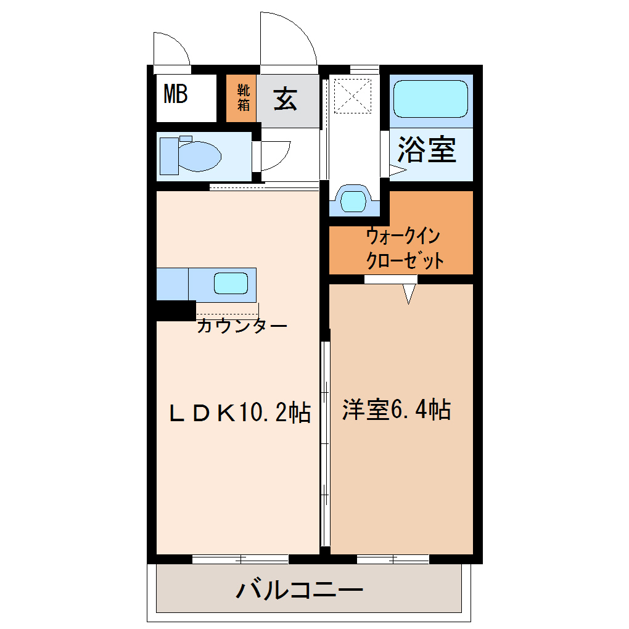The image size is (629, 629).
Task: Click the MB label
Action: pyautogui.click(x=176, y=94)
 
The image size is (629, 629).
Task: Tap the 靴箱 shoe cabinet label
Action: pyautogui.click(x=243, y=97)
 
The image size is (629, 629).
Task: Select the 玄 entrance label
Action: pyautogui.click(x=286, y=99)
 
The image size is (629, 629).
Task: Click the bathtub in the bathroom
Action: pyautogui.click(x=430, y=99)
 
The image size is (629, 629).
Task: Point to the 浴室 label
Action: pyautogui.click(x=427, y=149)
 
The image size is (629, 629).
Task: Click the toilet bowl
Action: pyautogui.click(x=199, y=156)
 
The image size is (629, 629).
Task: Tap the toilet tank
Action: pyautogui.click(x=170, y=156)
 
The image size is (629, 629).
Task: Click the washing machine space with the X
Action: pyautogui.click(x=353, y=96)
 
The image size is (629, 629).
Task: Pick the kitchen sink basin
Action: pyautogui.click(x=231, y=283)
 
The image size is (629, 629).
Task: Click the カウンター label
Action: pyautogui.click(x=242, y=326)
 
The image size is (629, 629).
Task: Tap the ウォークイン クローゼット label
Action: pyautogui.click(x=405, y=249)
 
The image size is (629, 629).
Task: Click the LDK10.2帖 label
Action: pyautogui.click(x=240, y=412)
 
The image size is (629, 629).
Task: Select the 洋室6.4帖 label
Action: pyautogui.click(x=397, y=409)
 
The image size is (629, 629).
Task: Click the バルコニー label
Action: pyautogui.click(x=299, y=590)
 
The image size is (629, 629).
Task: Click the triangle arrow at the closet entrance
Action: pyautogui.click(x=409, y=294)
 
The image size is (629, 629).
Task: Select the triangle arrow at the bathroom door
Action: pyautogui.click(x=398, y=170)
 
